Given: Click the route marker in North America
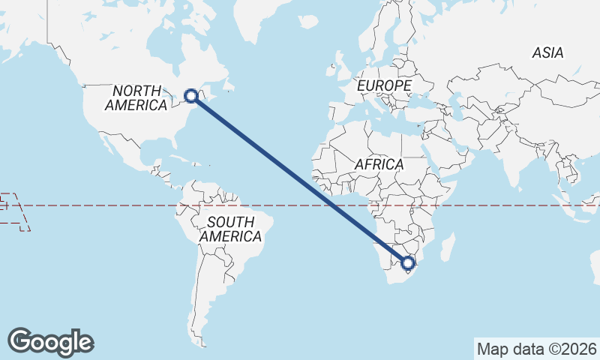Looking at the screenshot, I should pos(191,95).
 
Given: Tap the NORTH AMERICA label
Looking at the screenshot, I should pos(136,98).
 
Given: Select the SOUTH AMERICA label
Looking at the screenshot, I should pos(231,229).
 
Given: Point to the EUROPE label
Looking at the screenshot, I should pos(384,86).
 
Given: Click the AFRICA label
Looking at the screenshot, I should pos(379,164).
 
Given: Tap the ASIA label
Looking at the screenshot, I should pos(547,52).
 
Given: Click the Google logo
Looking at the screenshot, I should pos(50,341).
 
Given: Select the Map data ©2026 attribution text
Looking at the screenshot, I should pos(537,349).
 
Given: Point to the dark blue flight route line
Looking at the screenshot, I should pos(300,179).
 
